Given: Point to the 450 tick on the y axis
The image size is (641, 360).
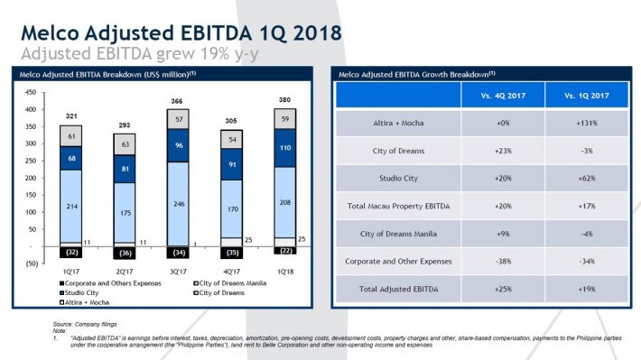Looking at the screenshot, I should (x=31, y=92).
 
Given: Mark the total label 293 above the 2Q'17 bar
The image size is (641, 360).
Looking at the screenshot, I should (x=123, y=125).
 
